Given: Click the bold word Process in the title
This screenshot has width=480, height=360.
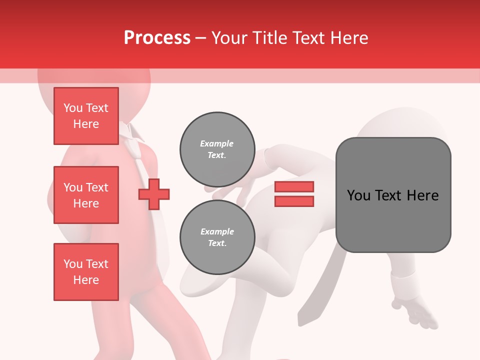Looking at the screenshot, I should pos(157,37).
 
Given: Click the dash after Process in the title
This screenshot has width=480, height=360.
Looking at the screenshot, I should pos(201,38).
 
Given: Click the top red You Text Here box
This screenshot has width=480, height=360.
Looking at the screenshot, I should pos(86,116).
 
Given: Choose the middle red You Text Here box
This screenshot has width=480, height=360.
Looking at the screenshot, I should pos(86,195).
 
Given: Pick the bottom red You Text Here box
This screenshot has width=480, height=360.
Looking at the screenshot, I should pos(86,272).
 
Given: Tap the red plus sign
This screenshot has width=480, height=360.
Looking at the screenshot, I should pos(154,194).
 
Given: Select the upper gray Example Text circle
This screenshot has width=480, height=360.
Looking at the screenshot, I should pos(217,149).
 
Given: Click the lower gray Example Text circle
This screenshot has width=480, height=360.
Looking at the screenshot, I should pos(217,237).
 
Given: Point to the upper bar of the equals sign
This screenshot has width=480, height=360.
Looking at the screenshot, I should pos(294,186).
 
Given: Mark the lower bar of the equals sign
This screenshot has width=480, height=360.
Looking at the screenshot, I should pos(294,201).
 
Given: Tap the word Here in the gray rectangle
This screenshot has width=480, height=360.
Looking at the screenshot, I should pos(423,195).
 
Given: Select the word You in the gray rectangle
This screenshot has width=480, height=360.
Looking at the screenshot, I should pos(358,195).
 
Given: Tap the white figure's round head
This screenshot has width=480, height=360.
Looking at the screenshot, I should pos(395,125).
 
